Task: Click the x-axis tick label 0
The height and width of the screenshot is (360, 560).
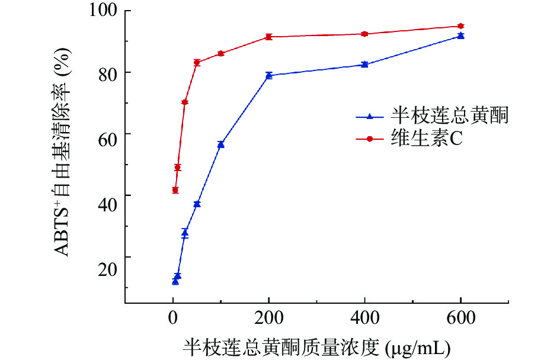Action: point(172,318)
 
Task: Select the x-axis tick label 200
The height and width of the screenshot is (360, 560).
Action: point(268,318)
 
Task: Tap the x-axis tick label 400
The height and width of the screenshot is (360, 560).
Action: point(364,318)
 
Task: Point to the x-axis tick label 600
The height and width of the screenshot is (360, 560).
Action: point(460,318)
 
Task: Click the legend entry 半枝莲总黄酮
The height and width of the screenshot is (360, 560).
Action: point(449,116)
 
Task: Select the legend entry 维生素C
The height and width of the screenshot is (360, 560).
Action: point(426,139)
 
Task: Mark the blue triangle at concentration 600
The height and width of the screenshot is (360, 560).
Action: point(460,36)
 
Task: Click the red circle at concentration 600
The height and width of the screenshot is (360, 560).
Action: point(460,26)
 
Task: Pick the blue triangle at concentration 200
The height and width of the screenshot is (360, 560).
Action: point(268,75)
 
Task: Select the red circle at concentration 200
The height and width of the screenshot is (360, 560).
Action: point(268,37)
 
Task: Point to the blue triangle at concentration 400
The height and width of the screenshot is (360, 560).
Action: point(364,64)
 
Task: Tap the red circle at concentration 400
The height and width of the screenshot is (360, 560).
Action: point(364,34)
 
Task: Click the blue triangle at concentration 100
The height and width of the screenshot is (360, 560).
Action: point(220,144)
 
